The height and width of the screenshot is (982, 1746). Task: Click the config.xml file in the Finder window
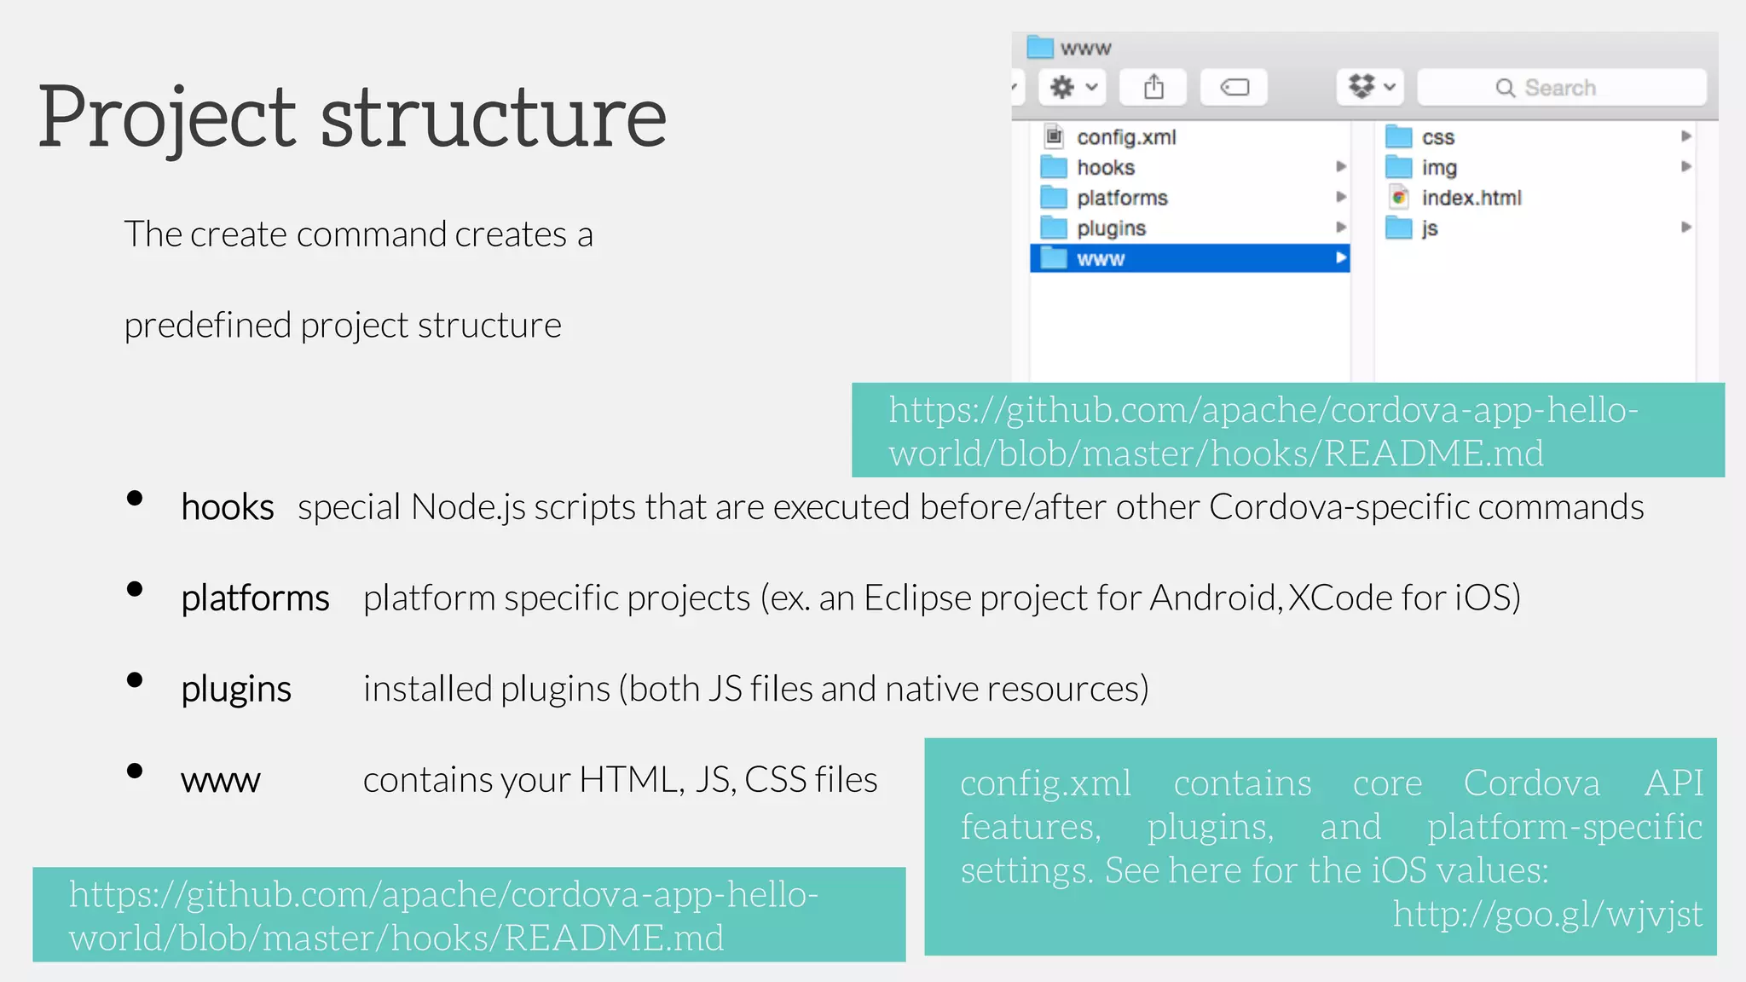(1125, 137)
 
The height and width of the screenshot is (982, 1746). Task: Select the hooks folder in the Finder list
(1105, 168)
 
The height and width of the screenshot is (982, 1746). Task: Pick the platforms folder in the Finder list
(1121, 198)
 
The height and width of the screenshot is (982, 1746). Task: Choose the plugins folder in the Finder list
(1110, 228)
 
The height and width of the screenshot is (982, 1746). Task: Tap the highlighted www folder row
(1188, 258)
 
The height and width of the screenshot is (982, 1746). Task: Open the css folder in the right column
(1437, 137)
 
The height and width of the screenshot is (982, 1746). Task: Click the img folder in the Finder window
(1438, 168)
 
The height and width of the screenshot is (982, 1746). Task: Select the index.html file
(1471, 198)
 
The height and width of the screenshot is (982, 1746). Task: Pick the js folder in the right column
(1429, 228)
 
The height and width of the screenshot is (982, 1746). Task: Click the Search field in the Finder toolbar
(1560, 88)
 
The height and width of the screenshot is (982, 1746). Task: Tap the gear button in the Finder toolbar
(1072, 87)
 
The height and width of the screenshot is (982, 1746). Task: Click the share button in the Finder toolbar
(1153, 87)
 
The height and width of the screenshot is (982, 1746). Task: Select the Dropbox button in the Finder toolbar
(1370, 87)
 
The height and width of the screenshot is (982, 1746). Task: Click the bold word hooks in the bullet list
(227, 508)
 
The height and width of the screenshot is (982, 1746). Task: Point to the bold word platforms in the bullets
(255, 598)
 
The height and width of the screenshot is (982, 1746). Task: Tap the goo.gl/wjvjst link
(1547, 915)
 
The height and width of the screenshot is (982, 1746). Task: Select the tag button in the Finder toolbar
(1234, 87)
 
